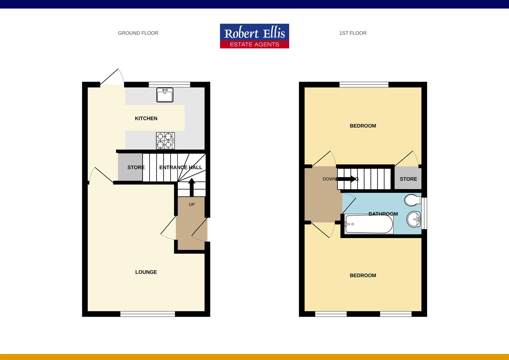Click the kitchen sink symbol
pyautogui.click(x=165, y=95)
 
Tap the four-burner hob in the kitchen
pyautogui.click(x=165, y=140)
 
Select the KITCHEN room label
pyautogui.click(x=146, y=118)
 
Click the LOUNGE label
pyautogui.click(x=146, y=272)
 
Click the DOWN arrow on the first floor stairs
pyautogui.click(x=347, y=179)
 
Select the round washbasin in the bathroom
pyautogui.click(x=414, y=219)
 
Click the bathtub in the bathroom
pyautogui.click(x=369, y=224)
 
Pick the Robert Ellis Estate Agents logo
pyautogui.click(x=254, y=36)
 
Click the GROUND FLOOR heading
pyautogui.click(x=138, y=33)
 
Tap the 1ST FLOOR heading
pyautogui.click(x=353, y=33)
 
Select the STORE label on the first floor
pyautogui.click(x=408, y=179)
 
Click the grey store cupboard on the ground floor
pyautogui.click(x=130, y=167)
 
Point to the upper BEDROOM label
pyautogui.click(x=363, y=126)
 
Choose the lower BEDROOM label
pyautogui.click(x=363, y=275)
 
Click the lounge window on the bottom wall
pyautogui.click(x=148, y=314)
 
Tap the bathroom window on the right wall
pyautogui.click(x=424, y=213)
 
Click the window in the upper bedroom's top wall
pyautogui.click(x=364, y=84)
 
